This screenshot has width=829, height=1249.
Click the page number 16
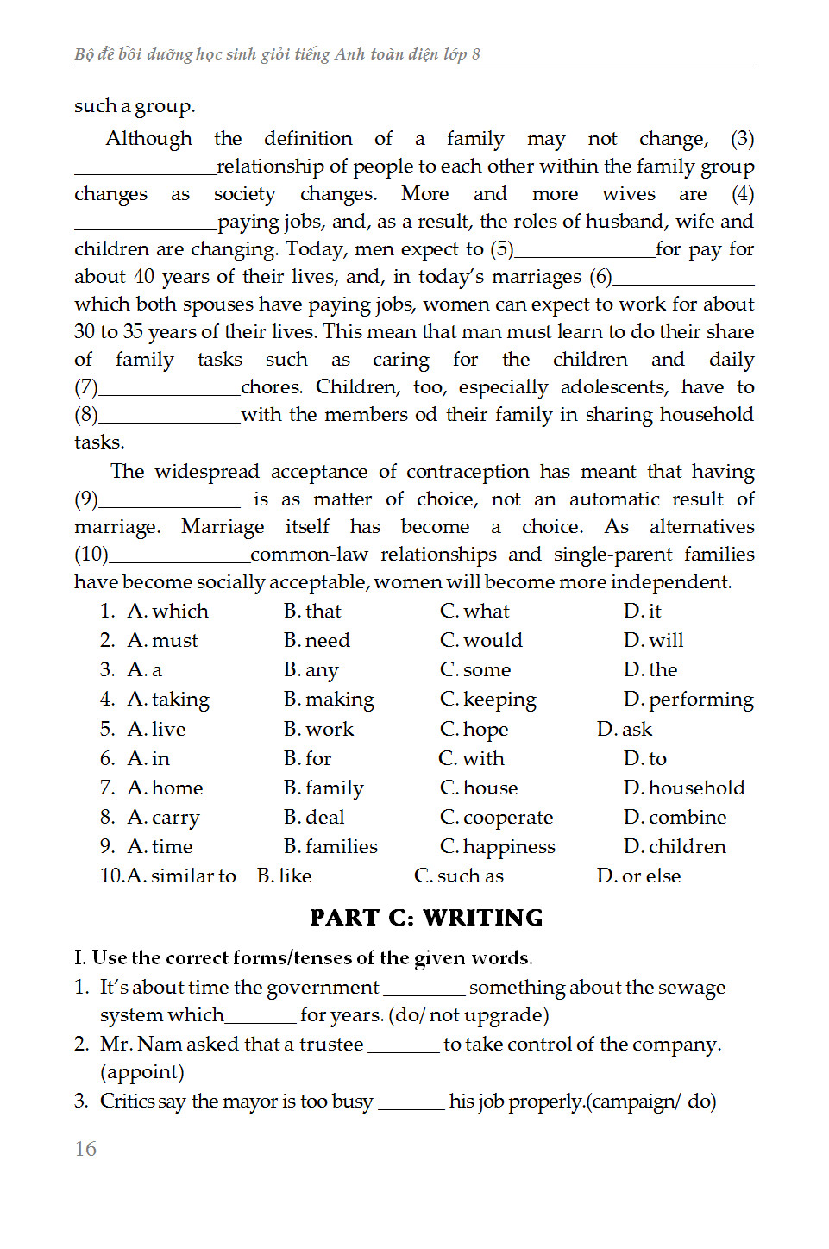point(85,1149)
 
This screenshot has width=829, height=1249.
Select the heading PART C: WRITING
point(426,918)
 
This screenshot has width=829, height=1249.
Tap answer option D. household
point(684,788)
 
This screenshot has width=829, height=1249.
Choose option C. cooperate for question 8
point(496,817)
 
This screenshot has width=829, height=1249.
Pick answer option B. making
point(329,699)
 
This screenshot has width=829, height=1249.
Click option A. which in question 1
point(167,611)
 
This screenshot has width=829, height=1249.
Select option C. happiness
point(497,846)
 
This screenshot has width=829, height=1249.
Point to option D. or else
point(638,876)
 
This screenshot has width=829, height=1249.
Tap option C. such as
point(458,876)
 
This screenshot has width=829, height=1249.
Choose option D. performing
point(688,699)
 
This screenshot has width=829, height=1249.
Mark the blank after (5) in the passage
point(584,252)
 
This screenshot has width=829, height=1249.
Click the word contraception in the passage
point(468,472)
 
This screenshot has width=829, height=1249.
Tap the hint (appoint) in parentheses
point(142,1072)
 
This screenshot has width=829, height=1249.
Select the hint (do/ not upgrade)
point(468,1015)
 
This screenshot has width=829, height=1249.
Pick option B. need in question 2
point(317,640)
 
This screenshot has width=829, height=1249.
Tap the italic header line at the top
point(277,54)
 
